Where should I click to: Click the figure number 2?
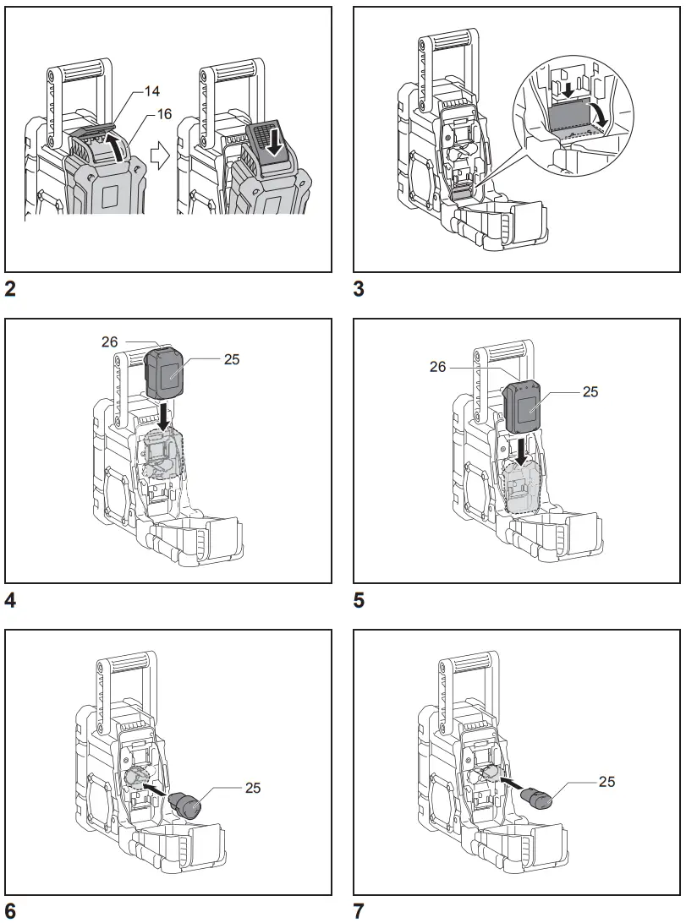[x=10, y=289]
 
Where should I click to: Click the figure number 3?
[x=359, y=289]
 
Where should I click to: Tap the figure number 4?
[x=10, y=601]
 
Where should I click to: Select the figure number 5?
[x=359, y=601]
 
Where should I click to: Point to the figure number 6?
[x=10, y=910]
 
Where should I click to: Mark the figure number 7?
[x=359, y=910]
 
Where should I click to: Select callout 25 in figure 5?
[x=590, y=392]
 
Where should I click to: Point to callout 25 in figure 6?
[x=252, y=789]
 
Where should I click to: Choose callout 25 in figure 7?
[x=606, y=782]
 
